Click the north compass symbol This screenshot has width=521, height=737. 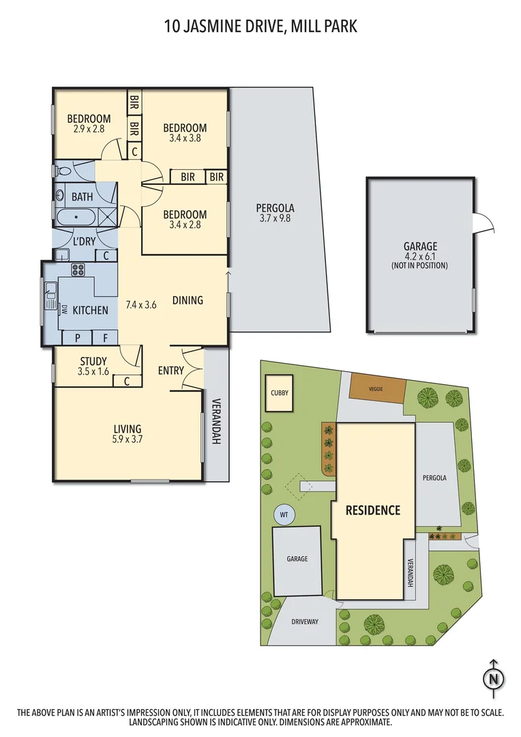pyautogui.click(x=493, y=678)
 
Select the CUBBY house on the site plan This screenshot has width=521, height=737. pyautogui.click(x=279, y=393)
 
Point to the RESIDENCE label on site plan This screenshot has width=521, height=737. pyautogui.click(x=372, y=510)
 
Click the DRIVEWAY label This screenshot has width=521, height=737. pyautogui.click(x=305, y=622)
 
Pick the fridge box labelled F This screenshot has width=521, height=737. pyautogui.click(x=104, y=337)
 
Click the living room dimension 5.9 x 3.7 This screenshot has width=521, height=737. pyautogui.click(x=128, y=439)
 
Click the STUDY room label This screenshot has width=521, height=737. pyautogui.click(x=93, y=362)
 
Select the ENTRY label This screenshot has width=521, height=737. pyautogui.click(x=170, y=371)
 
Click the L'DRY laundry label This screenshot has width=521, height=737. pyautogui.click(x=85, y=240)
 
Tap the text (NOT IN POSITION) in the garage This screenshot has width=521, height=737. pyautogui.click(x=419, y=265)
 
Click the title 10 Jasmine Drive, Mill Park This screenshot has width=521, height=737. pyautogui.click(x=260, y=27)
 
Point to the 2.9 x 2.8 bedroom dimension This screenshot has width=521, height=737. pyautogui.click(x=89, y=128)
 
